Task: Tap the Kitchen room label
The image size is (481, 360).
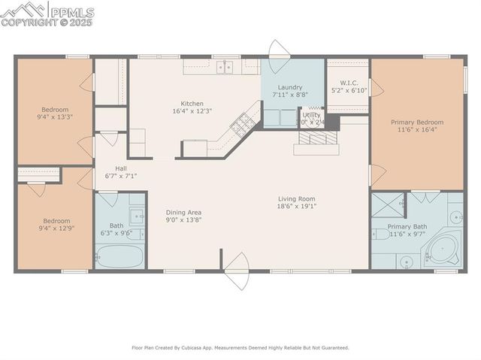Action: click(x=192, y=104)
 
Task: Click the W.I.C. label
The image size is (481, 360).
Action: click(x=348, y=83)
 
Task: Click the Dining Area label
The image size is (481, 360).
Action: click(x=183, y=213)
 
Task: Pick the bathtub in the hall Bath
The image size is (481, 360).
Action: click(x=119, y=257)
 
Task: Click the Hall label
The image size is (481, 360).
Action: click(x=120, y=168)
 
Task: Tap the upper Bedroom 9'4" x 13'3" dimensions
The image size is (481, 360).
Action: click(x=53, y=116)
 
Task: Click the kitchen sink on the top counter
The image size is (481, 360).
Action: click(x=225, y=68)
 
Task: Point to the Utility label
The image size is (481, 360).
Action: click(x=312, y=115)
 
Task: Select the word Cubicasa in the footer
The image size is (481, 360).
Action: click(x=206, y=348)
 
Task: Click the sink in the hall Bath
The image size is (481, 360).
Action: click(x=136, y=216)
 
